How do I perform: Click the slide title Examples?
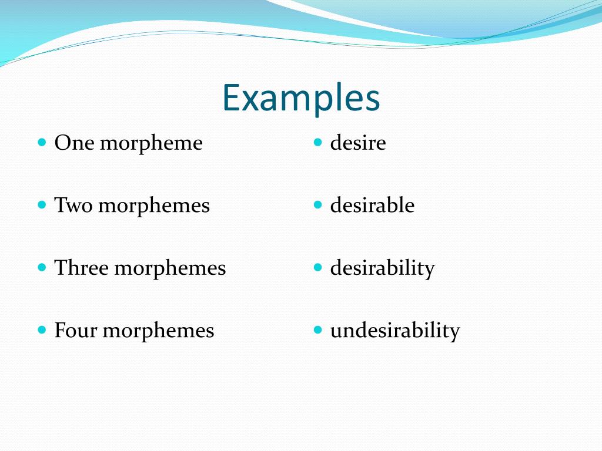point(301,98)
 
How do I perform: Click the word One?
point(75,143)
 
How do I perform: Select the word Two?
point(73,206)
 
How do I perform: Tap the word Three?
point(82,268)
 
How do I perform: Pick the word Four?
point(76,330)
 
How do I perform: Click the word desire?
point(358,143)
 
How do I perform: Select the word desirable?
point(372,206)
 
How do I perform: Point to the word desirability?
point(382,268)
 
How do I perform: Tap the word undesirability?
point(394,331)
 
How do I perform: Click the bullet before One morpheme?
point(42,142)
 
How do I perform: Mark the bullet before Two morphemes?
point(42,205)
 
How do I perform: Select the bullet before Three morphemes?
point(42,267)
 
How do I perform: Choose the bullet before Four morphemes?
point(42,329)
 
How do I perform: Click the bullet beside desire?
point(318,142)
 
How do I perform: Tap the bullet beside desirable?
point(318,205)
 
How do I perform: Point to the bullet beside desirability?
point(318,267)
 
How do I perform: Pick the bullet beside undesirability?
point(318,329)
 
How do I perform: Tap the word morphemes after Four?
point(158,331)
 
